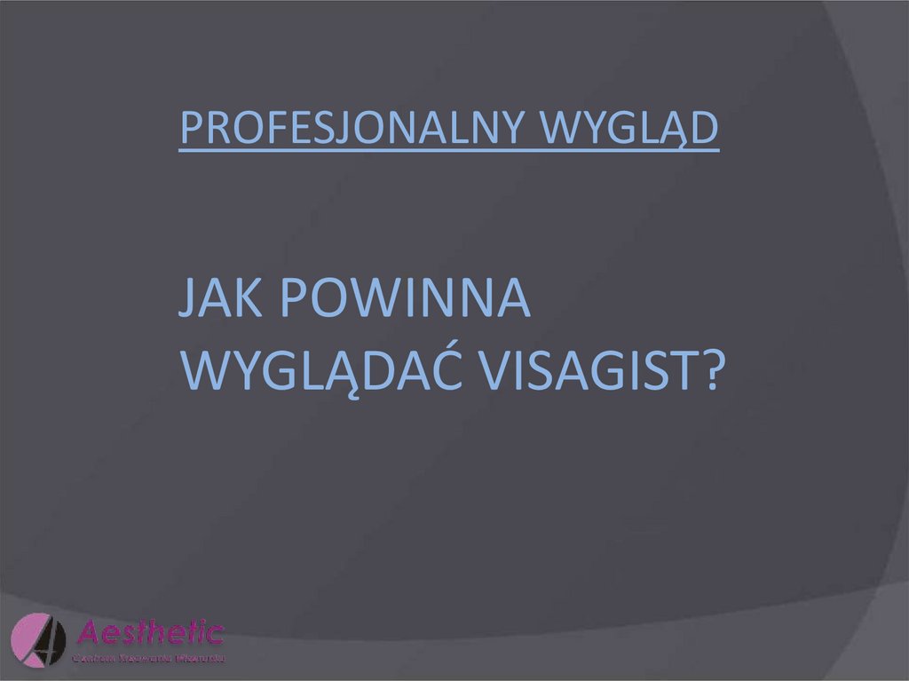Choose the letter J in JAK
pos(186,302)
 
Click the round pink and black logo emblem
pos(39,639)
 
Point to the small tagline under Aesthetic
pos(148,658)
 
